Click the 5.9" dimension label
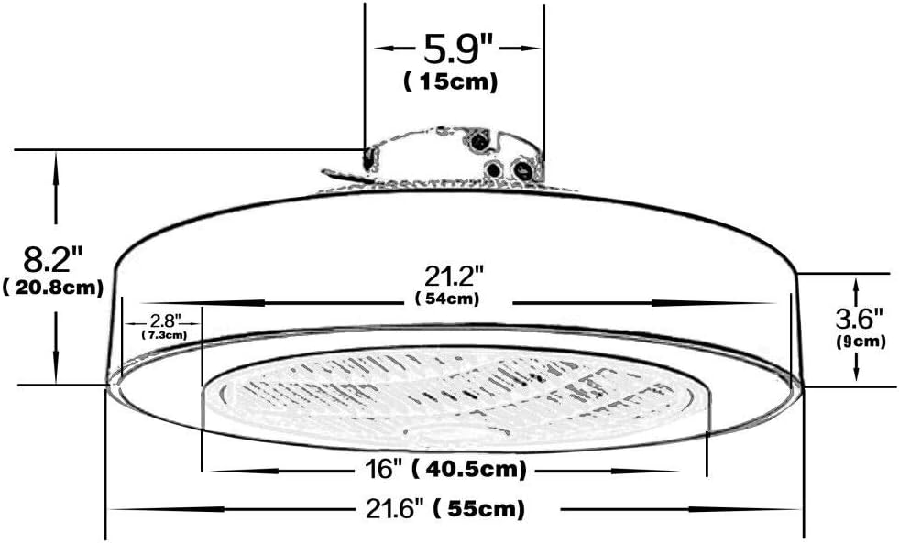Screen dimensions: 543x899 click(x=457, y=46)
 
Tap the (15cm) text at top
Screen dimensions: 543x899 click(x=451, y=81)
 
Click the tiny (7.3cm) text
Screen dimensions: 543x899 click(x=164, y=335)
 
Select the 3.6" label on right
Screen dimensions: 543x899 click(x=858, y=319)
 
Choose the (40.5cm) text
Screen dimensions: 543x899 click(x=468, y=470)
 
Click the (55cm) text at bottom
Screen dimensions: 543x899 click(x=480, y=507)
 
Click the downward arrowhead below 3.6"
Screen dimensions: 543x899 click(x=855, y=373)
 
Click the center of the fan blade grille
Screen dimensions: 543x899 click(x=454, y=394)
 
